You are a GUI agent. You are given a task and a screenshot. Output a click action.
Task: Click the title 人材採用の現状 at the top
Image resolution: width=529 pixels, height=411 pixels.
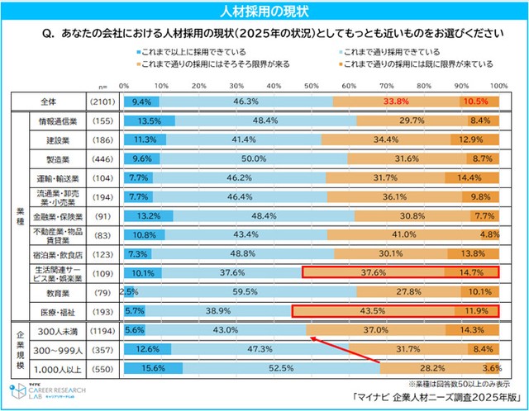tap(264, 11)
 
